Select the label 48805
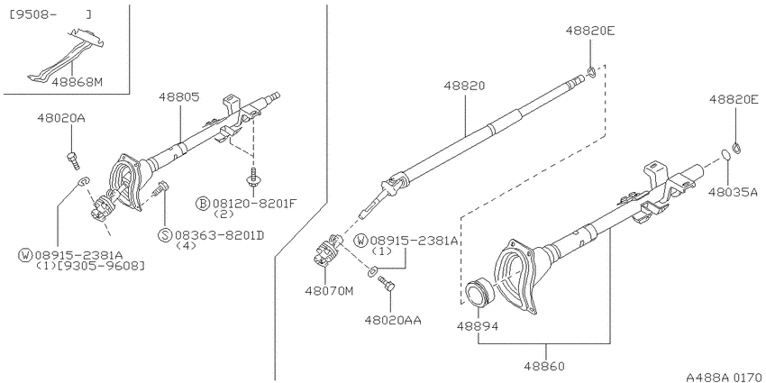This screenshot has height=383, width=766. pos(178,97)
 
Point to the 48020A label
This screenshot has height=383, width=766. pos(61,118)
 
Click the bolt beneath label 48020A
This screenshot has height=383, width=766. pos(72,160)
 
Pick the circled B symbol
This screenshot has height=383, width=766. pos(203,204)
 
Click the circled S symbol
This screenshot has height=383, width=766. pos(165,235)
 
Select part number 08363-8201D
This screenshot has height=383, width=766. pos(219,235)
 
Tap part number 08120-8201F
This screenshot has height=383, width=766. pos(253,204)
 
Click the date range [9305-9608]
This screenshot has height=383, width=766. pos(101,265)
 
